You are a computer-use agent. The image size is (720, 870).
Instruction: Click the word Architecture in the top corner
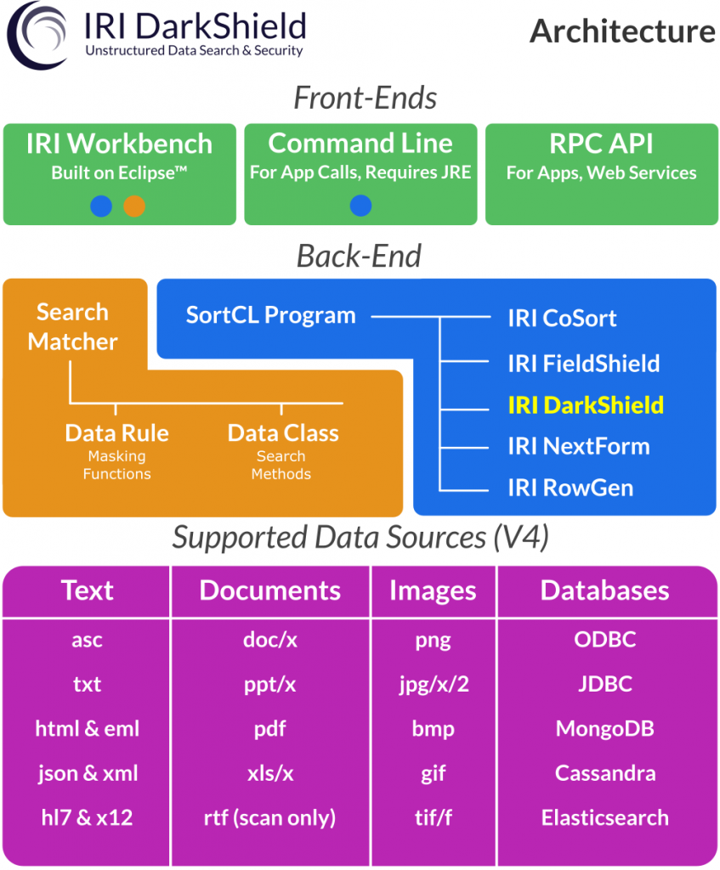click(x=622, y=31)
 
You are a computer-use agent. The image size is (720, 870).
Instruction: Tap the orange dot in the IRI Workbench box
click(x=134, y=206)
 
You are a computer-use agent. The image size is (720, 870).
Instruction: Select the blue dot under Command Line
click(x=360, y=206)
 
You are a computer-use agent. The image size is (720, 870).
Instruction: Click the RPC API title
click(x=601, y=144)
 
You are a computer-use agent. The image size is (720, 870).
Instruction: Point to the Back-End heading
click(x=360, y=257)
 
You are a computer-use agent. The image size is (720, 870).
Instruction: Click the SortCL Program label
click(x=270, y=315)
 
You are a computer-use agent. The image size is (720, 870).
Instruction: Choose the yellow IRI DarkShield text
click(x=586, y=405)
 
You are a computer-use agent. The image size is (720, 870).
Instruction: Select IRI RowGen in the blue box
click(x=570, y=488)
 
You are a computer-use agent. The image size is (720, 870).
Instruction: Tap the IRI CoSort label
click(x=562, y=318)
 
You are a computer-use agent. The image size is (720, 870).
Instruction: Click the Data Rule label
click(x=116, y=432)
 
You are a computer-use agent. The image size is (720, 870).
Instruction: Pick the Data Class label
click(x=283, y=432)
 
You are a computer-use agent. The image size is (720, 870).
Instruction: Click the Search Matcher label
click(x=73, y=327)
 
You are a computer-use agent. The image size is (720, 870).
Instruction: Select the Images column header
click(x=433, y=591)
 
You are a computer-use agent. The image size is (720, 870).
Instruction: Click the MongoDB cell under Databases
click(x=605, y=728)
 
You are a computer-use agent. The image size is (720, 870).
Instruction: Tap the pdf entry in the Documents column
click(x=269, y=729)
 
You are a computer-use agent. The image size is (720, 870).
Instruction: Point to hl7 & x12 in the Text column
click(x=88, y=817)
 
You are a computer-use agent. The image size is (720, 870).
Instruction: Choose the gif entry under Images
click(x=433, y=774)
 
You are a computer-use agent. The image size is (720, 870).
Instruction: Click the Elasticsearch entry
click(x=605, y=818)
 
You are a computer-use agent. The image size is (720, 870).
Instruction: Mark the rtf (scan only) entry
click(x=269, y=818)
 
